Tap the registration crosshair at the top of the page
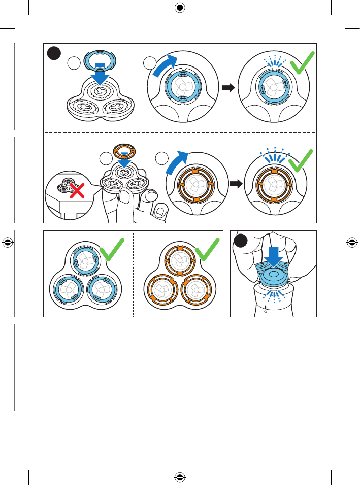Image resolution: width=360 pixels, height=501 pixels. click(x=180, y=8)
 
